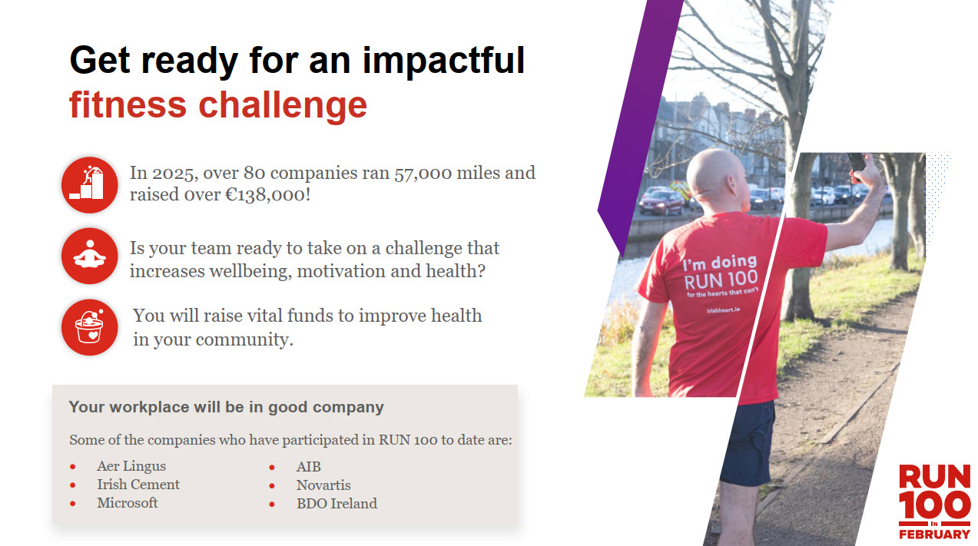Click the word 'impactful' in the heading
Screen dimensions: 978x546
pos(443,61)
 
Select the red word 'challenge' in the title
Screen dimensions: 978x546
pos(283,106)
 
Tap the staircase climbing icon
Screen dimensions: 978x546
pos(90,184)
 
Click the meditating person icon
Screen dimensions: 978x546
pos(90,256)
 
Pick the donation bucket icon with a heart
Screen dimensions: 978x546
pos(90,327)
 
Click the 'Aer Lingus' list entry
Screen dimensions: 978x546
pos(131,467)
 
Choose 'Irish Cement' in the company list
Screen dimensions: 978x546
pos(138,485)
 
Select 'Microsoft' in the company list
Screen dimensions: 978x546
pos(127,503)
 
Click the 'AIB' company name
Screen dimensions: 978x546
pos(309,467)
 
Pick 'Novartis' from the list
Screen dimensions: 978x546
pos(323,485)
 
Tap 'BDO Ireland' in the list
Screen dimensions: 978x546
pos(336,504)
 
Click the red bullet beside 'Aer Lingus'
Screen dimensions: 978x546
pos(72,467)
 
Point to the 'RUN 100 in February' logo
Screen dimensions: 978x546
pos(934,502)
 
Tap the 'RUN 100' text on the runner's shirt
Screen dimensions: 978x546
pos(721,280)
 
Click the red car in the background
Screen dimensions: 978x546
pos(661,202)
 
